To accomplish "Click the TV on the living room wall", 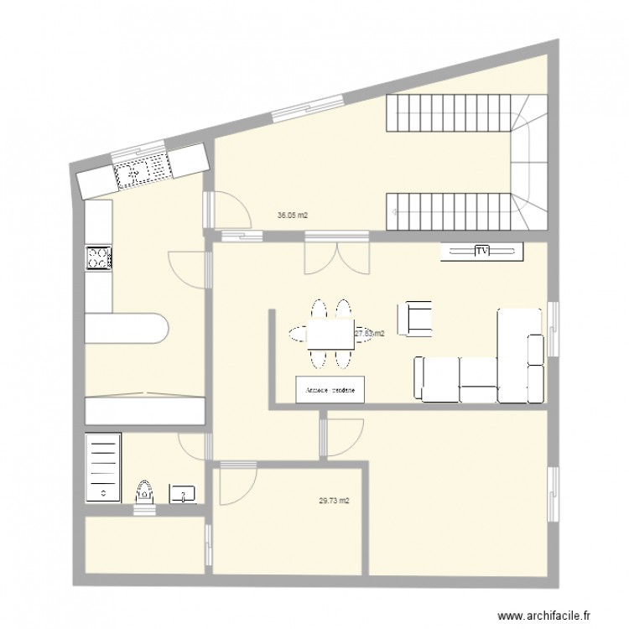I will [x=482, y=251].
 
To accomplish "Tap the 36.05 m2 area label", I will [x=293, y=216].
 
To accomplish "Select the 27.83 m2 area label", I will [x=370, y=333].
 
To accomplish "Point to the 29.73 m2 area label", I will [x=334, y=502].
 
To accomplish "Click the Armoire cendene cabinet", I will [x=330, y=390].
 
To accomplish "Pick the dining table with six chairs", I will [x=330, y=334].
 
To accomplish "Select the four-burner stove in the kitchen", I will [x=98, y=258].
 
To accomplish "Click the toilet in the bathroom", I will [x=144, y=491].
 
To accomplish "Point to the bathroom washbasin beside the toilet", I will [x=184, y=494].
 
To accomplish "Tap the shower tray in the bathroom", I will [x=103, y=466].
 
